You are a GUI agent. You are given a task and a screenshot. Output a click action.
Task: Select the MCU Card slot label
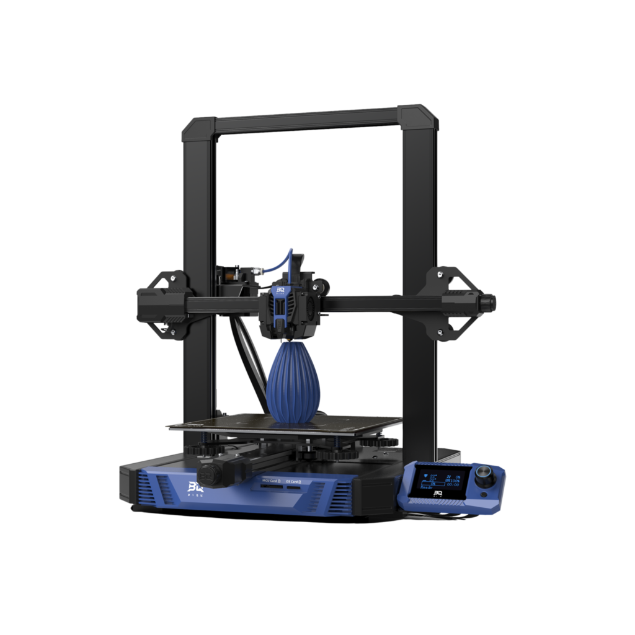point(270,481)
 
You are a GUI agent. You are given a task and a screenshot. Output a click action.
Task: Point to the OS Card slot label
point(292,481)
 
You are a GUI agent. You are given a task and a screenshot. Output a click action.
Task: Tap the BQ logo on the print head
point(280,290)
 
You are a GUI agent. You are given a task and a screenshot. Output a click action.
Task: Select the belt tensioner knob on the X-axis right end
point(487,303)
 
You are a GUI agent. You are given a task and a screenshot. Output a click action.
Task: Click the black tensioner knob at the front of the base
point(210,473)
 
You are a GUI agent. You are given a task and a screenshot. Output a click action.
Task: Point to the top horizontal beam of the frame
point(307,120)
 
